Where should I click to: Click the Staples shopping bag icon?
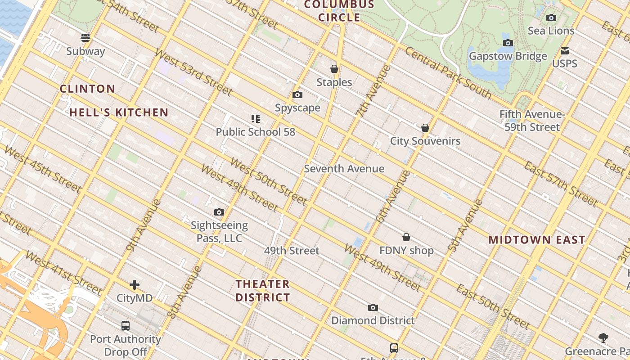tap(334, 69)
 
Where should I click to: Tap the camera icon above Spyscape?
tap(297, 94)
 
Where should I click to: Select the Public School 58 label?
tap(255, 132)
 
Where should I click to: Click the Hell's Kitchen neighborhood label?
tap(119, 112)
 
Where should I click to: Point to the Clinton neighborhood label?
tap(88, 89)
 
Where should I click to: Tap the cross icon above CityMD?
tap(134, 285)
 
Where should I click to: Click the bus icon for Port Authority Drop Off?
tap(126, 325)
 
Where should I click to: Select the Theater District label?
tap(263, 291)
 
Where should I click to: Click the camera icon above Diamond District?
tap(373, 308)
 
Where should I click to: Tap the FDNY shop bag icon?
tap(406, 237)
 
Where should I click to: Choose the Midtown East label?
tap(537, 240)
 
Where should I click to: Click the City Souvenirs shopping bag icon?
tap(425, 128)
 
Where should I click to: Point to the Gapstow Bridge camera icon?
tap(508, 43)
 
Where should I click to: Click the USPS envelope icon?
tap(565, 51)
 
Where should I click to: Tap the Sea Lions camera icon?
tap(551, 18)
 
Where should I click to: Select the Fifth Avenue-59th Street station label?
tap(532, 121)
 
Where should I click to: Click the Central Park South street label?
tap(448, 72)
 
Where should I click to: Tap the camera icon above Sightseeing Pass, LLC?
tap(219, 212)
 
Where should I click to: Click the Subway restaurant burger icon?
tap(85, 37)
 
